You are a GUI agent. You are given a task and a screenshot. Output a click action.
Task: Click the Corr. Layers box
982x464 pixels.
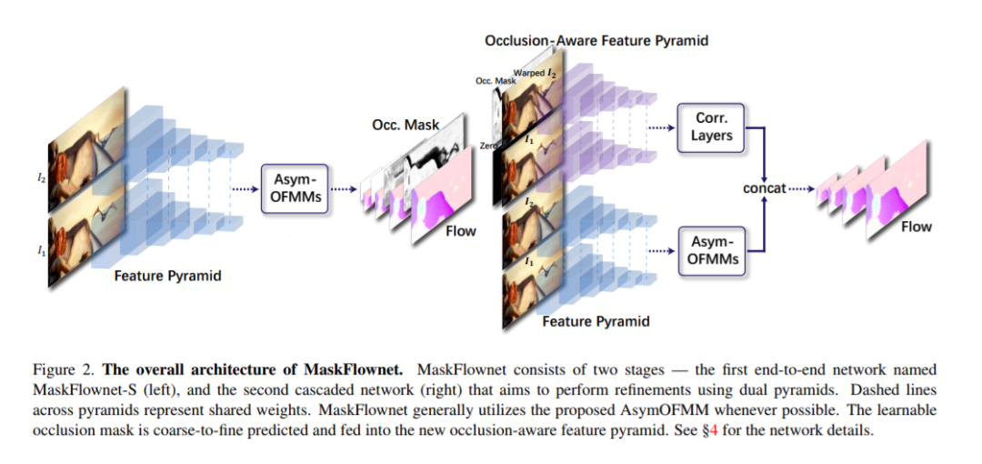point(712,126)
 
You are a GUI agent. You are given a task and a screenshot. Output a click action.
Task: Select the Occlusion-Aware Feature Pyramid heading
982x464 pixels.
point(596,41)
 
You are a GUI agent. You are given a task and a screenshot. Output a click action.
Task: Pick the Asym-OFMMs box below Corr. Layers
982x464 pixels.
point(712,250)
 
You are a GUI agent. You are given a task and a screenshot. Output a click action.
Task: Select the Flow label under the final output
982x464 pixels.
point(916,227)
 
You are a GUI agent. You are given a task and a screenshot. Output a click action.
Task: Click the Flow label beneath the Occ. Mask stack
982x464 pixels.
point(460,231)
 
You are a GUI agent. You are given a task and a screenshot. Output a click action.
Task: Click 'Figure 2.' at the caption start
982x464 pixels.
point(65,370)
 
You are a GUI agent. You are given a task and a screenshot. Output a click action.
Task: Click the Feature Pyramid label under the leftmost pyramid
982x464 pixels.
point(167,276)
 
